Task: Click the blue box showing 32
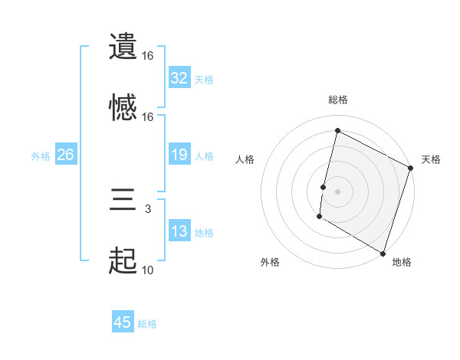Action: click(x=179, y=78)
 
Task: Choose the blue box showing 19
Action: click(x=179, y=155)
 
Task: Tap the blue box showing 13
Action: click(x=179, y=232)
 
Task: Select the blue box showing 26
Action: click(x=65, y=155)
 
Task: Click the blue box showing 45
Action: click(x=123, y=322)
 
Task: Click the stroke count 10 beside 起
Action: click(x=148, y=270)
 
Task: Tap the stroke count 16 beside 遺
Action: click(x=148, y=55)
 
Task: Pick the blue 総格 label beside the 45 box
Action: click(x=147, y=324)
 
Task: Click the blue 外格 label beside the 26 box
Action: click(x=41, y=156)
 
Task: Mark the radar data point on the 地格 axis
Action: click(x=383, y=252)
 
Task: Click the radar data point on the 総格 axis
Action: click(x=337, y=131)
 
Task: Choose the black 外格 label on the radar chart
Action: click(x=270, y=262)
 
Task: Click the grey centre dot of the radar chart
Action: click(x=337, y=191)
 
